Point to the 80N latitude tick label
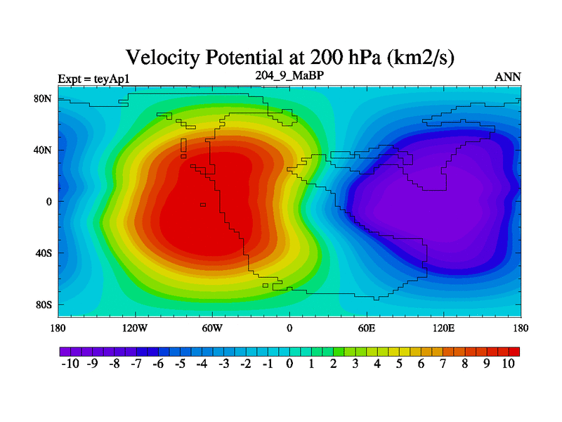coord(44,98)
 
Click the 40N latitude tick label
coord(44,150)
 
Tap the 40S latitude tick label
coord(44,253)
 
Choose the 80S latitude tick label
coord(44,305)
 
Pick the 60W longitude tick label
coord(212,328)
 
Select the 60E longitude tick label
coord(367,328)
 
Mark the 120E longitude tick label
coord(443,328)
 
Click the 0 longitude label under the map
coord(289,328)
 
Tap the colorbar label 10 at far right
coord(509,364)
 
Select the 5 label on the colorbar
coord(399,364)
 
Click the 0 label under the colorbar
coord(289,364)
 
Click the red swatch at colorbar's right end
coord(514,350)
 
